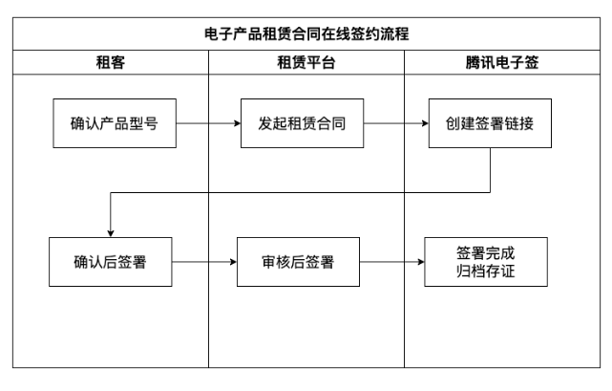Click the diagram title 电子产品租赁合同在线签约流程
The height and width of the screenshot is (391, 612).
(306, 33)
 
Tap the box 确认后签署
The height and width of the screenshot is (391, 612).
(111, 261)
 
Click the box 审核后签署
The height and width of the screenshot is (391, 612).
(299, 261)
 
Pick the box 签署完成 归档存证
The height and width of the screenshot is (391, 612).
(487, 261)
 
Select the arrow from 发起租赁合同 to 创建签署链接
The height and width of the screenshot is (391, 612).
(393, 123)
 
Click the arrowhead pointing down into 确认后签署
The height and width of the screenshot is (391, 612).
(111, 232)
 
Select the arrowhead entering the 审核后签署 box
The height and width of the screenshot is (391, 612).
(232, 261)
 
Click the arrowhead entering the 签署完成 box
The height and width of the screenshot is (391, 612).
(420, 261)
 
